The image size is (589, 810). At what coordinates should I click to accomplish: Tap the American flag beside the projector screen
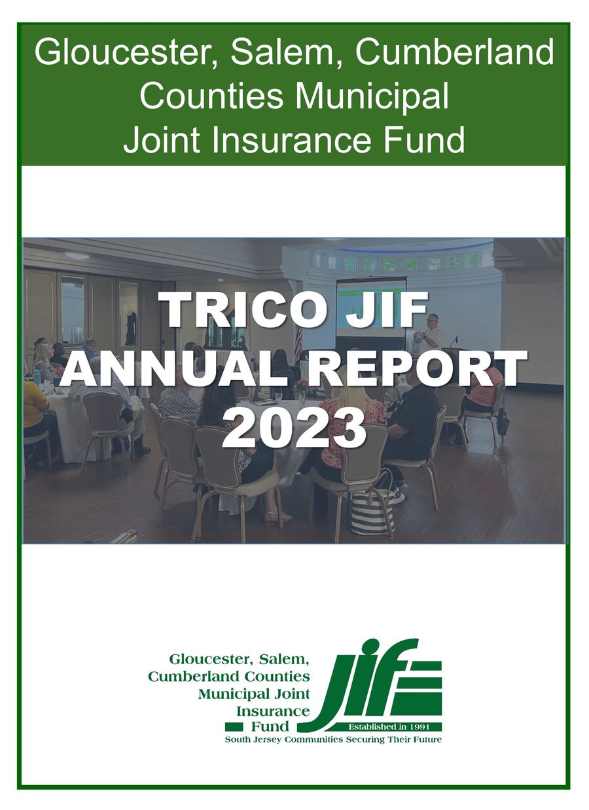pos(298,340)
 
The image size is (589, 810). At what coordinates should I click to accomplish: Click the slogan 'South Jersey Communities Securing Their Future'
pos(333,739)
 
